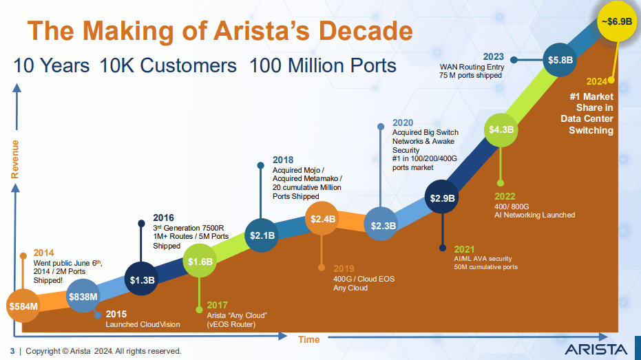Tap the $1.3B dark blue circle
click(x=143, y=279)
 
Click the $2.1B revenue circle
click(x=262, y=235)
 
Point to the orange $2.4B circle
click(x=322, y=219)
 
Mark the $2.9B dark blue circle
click(x=442, y=198)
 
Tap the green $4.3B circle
click(x=501, y=129)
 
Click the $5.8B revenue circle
click(x=560, y=60)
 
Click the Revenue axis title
click(x=14, y=159)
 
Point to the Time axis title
click(x=308, y=339)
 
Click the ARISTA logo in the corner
click(x=596, y=348)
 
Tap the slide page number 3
click(x=12, y=351)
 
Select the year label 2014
click(x=44, y=253)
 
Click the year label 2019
click(x=344, y=268)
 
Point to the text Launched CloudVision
click(x=142, y=324)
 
